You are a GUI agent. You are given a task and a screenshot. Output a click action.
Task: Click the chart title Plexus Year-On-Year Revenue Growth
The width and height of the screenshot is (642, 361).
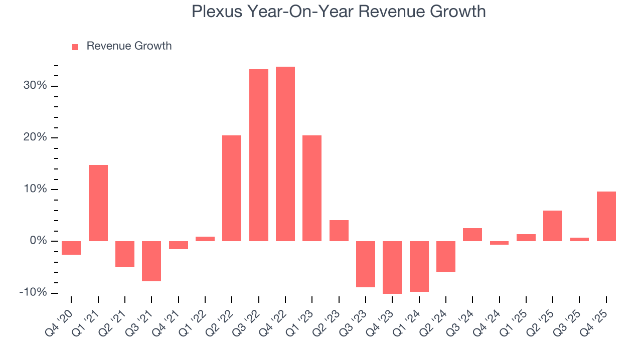339,11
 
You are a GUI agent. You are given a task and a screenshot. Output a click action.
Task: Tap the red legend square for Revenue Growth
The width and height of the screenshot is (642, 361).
75,47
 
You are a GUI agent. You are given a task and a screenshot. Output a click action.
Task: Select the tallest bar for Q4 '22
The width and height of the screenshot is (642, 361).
285,153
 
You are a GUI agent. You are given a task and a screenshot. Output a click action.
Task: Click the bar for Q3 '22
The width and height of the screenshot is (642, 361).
259,155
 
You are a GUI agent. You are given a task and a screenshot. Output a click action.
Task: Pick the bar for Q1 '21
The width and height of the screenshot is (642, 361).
98,203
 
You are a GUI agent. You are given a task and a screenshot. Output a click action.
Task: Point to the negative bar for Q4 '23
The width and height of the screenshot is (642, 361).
392,267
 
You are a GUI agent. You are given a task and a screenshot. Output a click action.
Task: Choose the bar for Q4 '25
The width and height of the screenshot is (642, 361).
606,216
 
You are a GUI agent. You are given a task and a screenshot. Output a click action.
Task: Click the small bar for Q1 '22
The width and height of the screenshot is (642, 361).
205,239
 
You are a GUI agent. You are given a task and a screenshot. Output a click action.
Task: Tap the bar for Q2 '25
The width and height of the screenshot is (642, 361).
553,226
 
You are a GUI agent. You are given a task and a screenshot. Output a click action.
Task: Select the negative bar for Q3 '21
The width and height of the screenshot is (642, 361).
151,261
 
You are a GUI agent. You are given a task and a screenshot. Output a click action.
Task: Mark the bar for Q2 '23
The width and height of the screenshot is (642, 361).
339,230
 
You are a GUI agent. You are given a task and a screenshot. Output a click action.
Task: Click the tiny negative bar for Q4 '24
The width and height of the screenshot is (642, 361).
500,243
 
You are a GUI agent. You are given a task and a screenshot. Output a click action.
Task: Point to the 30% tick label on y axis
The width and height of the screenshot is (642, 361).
35,86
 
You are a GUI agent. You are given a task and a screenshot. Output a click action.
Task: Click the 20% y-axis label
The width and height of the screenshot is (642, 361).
35,138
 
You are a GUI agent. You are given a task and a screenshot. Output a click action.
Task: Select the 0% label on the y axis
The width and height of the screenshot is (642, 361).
38,241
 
